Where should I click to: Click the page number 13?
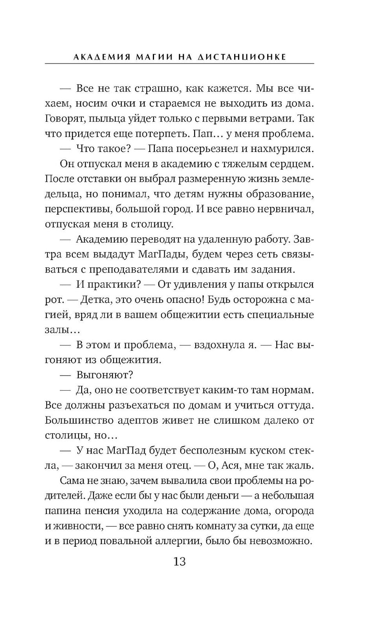(x=179, y=562)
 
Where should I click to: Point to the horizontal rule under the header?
(x=179, y=64)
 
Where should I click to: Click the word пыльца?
(x=108, y=119)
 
